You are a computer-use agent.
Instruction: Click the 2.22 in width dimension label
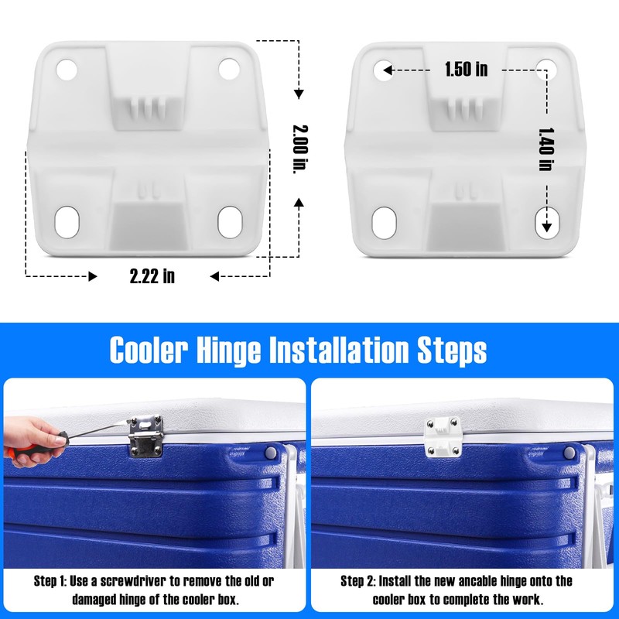pyautogui.click(x=152, y=275)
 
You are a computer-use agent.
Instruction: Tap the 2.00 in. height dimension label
pyautogui.click(x=296, y=149)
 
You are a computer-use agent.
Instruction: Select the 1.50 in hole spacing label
pyautogui.click(x=466, y=70)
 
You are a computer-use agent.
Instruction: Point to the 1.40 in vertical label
pyautogui.click(x=546, y=149)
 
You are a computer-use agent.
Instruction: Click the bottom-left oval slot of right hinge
pyautogui.click(x=383, y=222)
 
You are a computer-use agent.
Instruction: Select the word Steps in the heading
pyautogui.click(x=453, y=350)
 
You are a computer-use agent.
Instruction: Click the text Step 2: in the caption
pyautogui.click(x=360, y=580)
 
